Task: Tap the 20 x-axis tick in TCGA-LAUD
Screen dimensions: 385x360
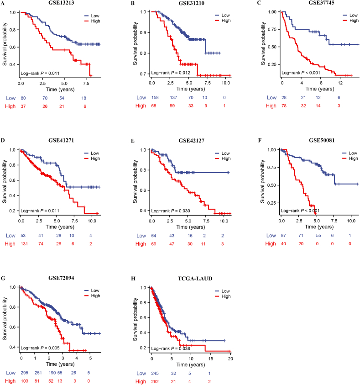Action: click(x=230, y=360)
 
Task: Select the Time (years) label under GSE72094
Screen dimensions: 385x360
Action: click(x=57, y=366)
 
